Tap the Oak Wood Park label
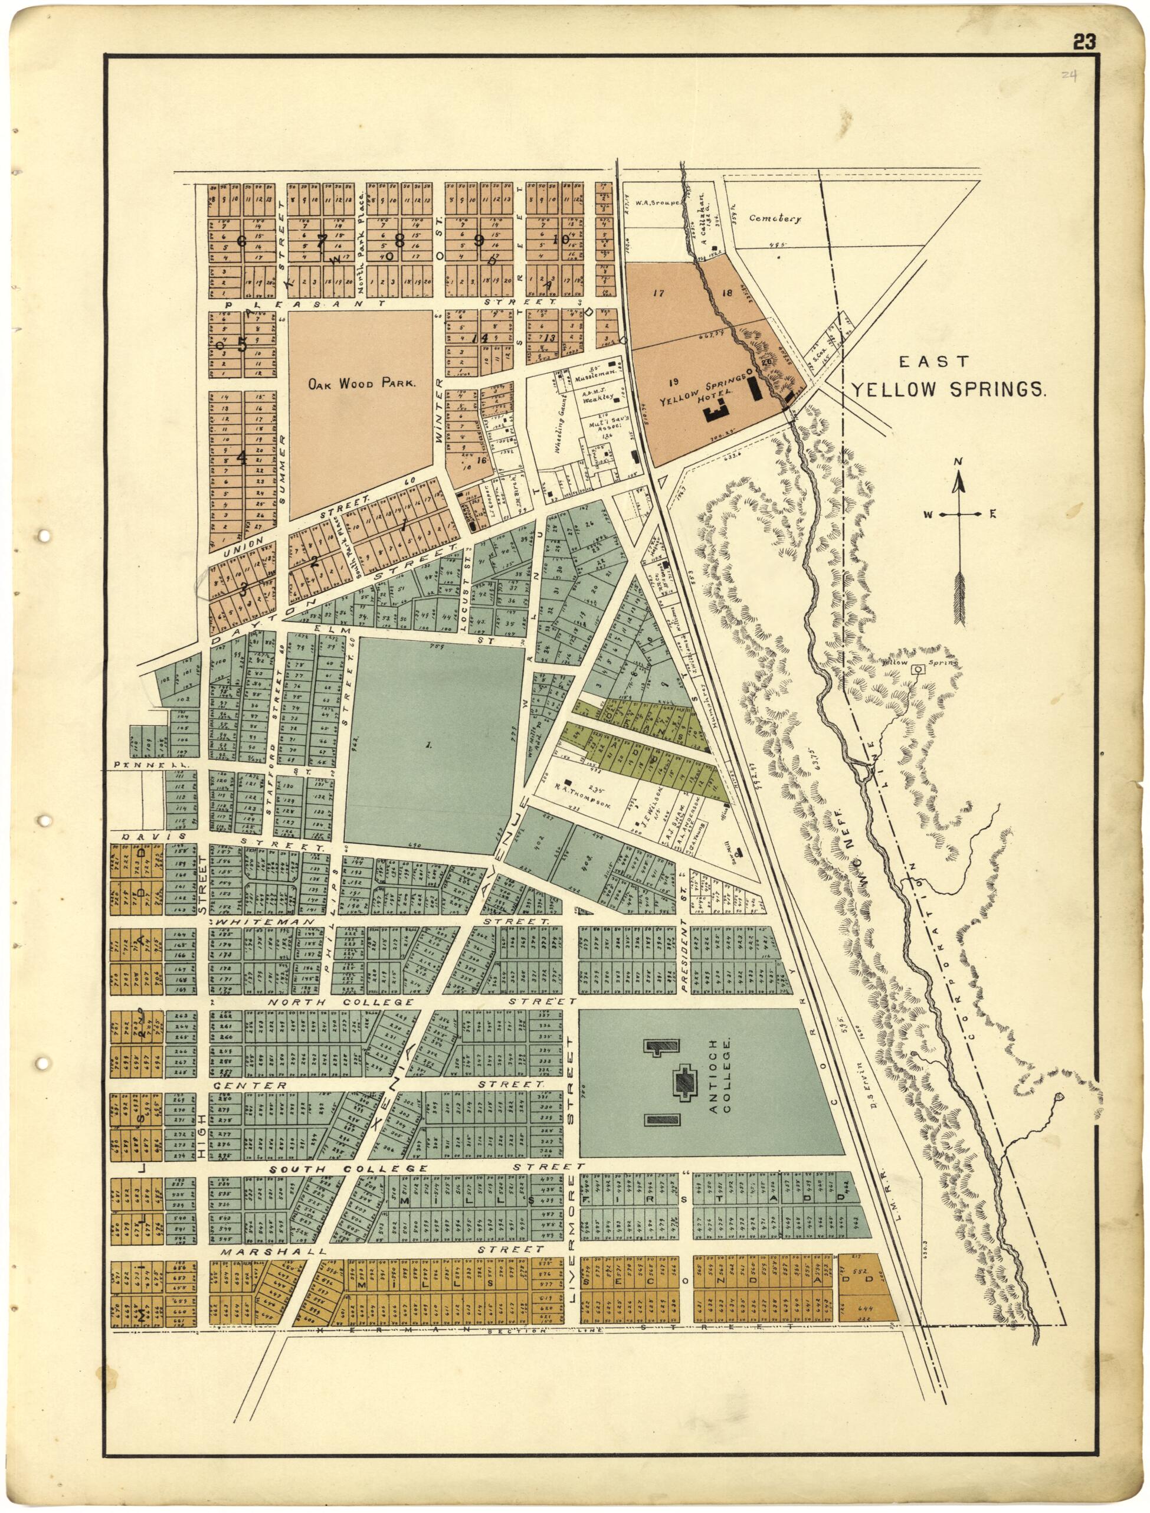click(361, 384)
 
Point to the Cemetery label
click(774, 218)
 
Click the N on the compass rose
click(958, 461)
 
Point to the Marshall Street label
click(274, 1251)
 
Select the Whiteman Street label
click(267, 922)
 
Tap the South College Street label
click(349, 1168)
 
